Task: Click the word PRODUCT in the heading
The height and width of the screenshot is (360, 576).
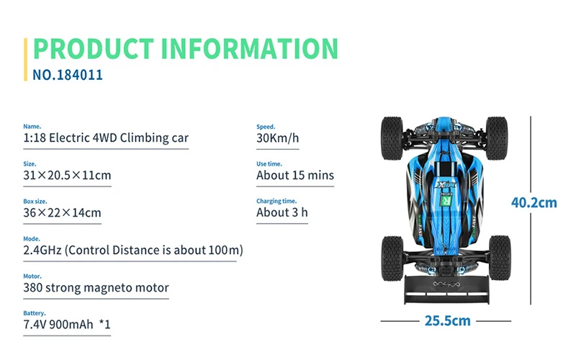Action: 94,48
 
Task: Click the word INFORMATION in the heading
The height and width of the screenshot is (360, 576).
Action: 250,48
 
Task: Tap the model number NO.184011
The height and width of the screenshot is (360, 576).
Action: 68,75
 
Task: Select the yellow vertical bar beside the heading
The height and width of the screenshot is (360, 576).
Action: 25,59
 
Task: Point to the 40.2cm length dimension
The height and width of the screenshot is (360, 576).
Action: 534,202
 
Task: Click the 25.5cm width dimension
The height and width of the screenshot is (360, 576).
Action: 447,320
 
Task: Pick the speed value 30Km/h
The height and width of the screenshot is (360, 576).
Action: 278,138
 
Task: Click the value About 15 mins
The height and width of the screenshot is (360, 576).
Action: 295,175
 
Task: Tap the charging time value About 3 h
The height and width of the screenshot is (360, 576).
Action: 282,212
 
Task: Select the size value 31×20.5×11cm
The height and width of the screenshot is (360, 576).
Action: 67,175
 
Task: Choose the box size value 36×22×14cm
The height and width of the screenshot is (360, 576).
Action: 62,212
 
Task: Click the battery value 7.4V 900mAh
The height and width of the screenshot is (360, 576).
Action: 58,325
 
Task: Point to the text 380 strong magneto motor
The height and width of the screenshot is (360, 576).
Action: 96,287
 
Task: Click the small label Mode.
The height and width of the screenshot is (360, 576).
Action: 32,239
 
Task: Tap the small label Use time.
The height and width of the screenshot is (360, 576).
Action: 269,164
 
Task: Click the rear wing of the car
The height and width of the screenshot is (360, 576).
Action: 446,289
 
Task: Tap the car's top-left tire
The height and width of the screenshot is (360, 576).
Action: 392,138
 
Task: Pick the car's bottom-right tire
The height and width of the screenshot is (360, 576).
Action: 500,258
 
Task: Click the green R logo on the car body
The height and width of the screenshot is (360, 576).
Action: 446,200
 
